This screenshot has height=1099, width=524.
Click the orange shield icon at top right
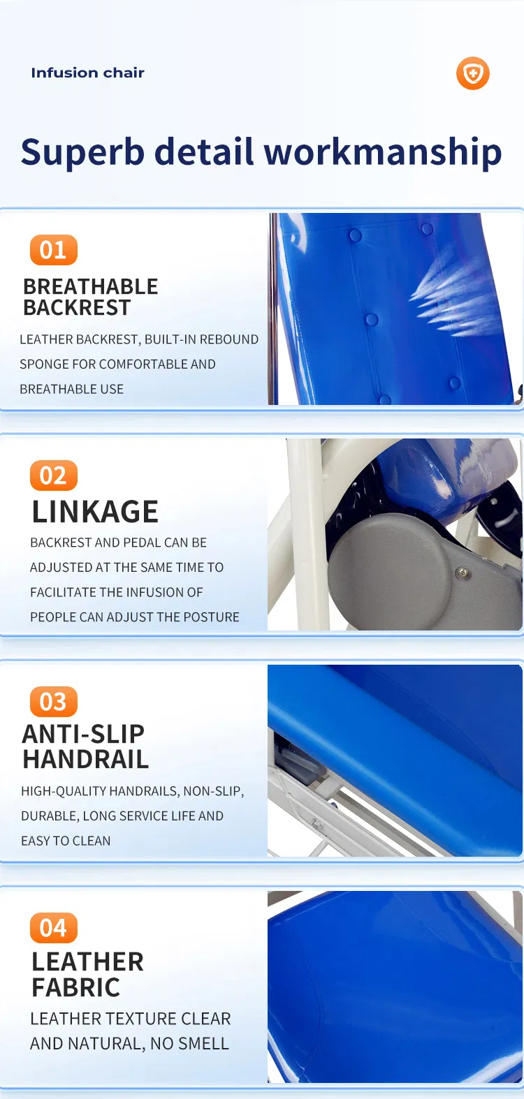tap(472, 73)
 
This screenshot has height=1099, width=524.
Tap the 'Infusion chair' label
tap(87, 73)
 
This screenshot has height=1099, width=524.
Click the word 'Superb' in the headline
tap(82, 152)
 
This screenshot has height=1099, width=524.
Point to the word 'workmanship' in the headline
tap(383, 152)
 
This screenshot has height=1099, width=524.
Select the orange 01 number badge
tap(54, 250)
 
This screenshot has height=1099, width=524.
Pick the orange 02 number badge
tap(54, 475)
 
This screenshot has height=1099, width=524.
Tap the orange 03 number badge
tap(54, 702)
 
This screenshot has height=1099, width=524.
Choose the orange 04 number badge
tap(54, 928)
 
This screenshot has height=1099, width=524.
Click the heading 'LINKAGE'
tap(95, 512)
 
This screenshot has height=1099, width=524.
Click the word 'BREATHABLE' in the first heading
tap(91, 286)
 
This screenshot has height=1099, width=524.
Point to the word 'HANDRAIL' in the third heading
tap(85, 759)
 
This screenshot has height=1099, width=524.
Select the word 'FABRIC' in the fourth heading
tap(75, 987)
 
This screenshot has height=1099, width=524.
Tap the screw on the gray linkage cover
tap(462, 572)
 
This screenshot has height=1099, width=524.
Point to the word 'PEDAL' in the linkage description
tap(142, 543)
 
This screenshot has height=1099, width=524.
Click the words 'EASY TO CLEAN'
tap(66, 841)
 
